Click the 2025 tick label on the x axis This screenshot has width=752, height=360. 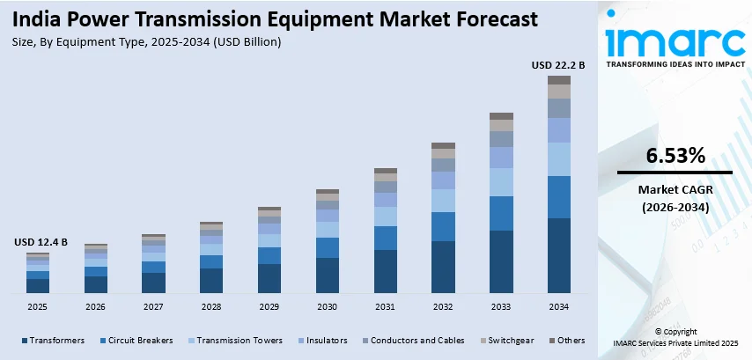(x=38, y=306)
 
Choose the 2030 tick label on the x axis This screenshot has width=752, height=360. (x=327, y=306)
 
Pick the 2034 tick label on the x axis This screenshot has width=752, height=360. (x=558, y=306)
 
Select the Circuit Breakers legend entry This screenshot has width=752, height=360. (x=136, y=340)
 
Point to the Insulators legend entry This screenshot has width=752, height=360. (x=326, y=340)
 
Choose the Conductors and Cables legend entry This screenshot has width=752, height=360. (x=413, y=340)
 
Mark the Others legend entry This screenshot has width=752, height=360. (x=566, y=340)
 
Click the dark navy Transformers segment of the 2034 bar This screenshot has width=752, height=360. (x=558, y=255)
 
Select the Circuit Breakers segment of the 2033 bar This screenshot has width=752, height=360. (x=501, y=213)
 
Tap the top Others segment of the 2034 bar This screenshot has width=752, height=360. (x=558, y=80)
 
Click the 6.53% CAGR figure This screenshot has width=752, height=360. (x=675, y=157)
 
